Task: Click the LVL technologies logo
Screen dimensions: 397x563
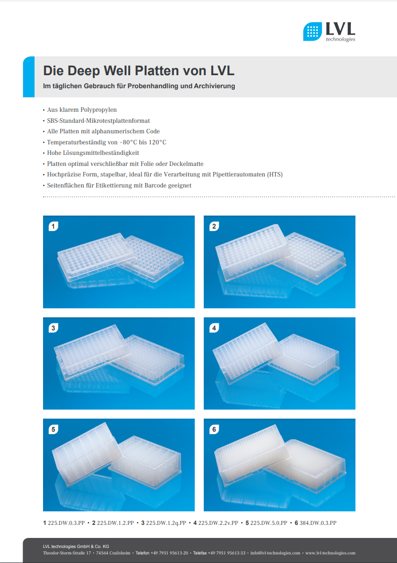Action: click(x=329, y=32)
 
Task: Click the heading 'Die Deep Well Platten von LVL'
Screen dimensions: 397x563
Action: click(x=139, y=70)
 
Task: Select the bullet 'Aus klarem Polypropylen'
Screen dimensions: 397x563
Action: click(x=82, y=110)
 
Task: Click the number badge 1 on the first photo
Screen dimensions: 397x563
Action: click(x=54, y=226)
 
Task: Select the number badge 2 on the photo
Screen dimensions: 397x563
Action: click(x=214, y=226)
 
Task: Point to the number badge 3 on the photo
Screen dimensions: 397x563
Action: click(x=54, y=328)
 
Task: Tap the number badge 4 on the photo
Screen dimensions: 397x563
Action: click(x=214, y=328)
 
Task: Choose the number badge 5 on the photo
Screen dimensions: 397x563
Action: click(x=54, y=429)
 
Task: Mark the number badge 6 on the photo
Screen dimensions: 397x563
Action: click(x=214, y=429)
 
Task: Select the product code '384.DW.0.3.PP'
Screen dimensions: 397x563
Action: click(x=318, y=523)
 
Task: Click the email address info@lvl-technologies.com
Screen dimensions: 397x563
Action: click(x=275, y=553)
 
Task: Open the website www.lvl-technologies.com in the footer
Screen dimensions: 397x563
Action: click(x=330, y=553)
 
